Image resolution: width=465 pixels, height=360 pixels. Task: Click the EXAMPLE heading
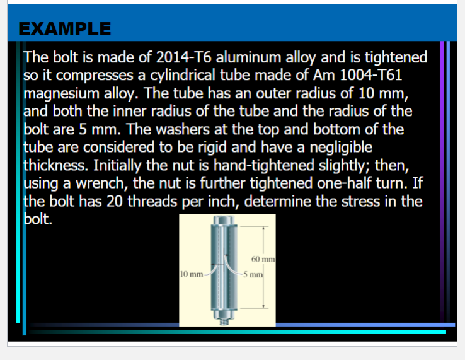[x=65, y=28]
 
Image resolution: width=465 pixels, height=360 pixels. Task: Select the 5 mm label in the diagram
[x=255, y=275]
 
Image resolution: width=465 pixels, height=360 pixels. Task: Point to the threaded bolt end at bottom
[x=224, y=321]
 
